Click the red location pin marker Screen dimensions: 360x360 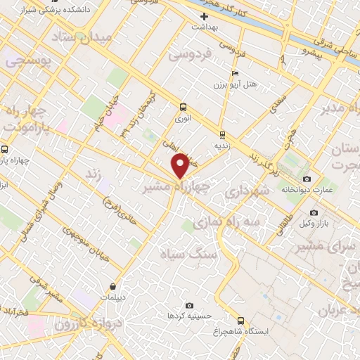coord(181,166)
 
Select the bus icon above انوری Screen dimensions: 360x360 coord(184,108)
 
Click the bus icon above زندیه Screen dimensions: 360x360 coord(222,134)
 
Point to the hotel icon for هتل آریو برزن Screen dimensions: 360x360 coord(235,73)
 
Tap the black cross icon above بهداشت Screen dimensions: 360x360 coord(205,15)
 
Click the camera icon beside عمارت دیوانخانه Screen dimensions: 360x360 coord(307,179)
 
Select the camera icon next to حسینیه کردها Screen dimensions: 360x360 coord(189,305)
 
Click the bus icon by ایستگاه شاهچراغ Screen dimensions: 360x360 coord(241,320)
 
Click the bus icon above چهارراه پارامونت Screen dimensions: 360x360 coord(5,149)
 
